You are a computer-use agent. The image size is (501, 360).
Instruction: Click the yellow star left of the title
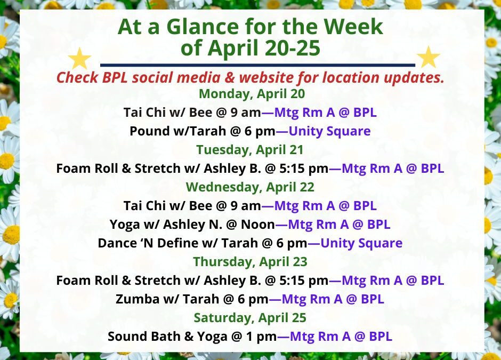[80, 58]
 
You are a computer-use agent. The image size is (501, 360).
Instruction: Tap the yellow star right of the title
[428, 57]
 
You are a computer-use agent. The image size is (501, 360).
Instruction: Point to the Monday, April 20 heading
[251, 94]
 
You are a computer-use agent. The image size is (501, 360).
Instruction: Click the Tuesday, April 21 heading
[250, 149]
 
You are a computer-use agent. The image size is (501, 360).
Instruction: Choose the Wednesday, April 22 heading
[250, 187]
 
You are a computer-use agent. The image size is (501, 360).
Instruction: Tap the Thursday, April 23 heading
[250, 262]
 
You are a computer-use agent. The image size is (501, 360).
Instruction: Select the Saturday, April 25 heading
[250, 318]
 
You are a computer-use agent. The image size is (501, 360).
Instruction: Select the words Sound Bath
[140, 337]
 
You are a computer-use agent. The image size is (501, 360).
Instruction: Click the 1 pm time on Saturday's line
[263, 337]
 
